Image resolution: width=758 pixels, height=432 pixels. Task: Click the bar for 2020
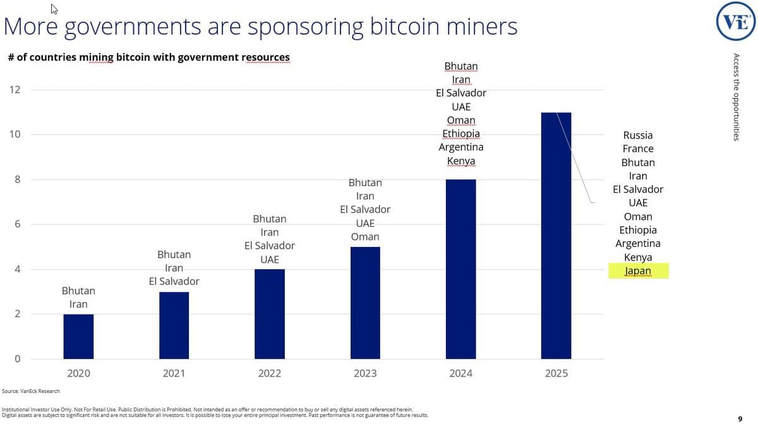(x=78, y=337)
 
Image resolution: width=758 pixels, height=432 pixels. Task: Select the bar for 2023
(x=365, y=303)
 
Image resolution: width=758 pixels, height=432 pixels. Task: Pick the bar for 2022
(x=270, y=314)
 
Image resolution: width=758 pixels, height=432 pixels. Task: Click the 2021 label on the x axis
(x=174, y=373)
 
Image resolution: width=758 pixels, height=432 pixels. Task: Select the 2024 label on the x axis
(x=460, y=373)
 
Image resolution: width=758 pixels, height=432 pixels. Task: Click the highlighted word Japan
(x=638, y=271)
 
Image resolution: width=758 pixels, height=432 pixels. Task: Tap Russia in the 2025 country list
(x=638, y=135)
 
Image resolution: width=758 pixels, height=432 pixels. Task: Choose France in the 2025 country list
(x=638, y=149)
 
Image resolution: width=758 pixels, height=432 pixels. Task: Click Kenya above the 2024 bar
(x=461, y=161)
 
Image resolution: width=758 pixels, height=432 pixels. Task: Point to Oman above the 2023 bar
(x=365, y=237)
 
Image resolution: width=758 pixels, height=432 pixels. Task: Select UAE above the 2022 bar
(x=270, y=260)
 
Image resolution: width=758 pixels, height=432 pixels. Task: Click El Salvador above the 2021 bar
(x=174, y=282)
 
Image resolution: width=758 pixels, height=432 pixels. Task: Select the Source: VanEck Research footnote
(x=31, y=392)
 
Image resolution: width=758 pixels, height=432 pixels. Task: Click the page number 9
(x=740, y=418)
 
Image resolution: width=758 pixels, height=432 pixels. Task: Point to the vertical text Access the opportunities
(x=736, y=97)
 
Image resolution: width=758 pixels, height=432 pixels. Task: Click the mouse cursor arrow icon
(x=54, y=9)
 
